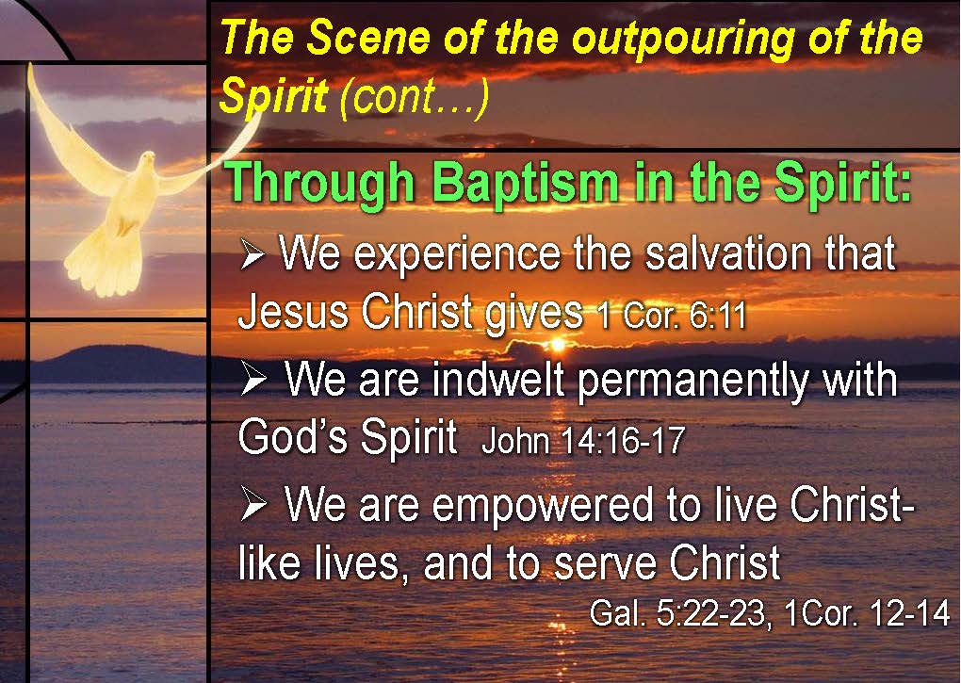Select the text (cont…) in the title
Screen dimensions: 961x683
[x=415, y=97]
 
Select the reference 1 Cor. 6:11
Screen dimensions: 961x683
[x=672, y=316]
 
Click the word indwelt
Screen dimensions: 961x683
[x=497, y=379]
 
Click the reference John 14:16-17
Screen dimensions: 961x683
[x=583, y=440]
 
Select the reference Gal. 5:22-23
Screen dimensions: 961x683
[x=676, y=613]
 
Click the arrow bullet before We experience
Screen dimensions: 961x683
[x=252, y=254]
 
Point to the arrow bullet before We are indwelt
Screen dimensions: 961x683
[x=253, y=379]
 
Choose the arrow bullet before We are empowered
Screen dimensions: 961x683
[x=253, y=505]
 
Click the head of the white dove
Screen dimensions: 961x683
[x=147, y=162]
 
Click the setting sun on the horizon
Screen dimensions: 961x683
[x=557, y=344]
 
